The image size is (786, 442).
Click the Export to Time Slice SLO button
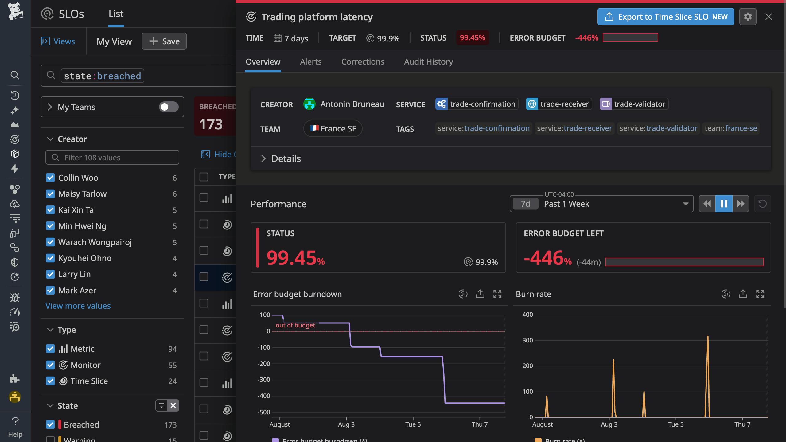click(665, 17)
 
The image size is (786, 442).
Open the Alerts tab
click(310, 62)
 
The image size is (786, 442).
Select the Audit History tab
click(428, 62)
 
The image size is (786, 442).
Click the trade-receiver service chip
click(558, 104)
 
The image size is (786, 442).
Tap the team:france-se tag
click(730, 128)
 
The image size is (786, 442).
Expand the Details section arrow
click(263, 158)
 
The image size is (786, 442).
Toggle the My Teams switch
click(169, 107)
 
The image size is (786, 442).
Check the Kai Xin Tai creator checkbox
click(50, 210)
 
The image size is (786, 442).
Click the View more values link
click(78, 306)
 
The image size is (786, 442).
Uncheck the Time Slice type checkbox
click(50, 381)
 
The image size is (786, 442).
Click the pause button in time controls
click(724, 204)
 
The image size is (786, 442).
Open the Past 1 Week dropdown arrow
click(685, 204)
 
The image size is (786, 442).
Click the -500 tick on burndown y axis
click(264, 412)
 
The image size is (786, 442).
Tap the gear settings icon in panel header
click(748, 17)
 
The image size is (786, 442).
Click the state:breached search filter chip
click(102, 76)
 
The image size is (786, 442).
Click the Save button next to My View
click(164, 41)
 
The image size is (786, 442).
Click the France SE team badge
click(333, 128)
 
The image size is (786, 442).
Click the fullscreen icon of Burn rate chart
click(760, 294)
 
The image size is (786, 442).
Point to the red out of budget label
click(295, 325)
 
